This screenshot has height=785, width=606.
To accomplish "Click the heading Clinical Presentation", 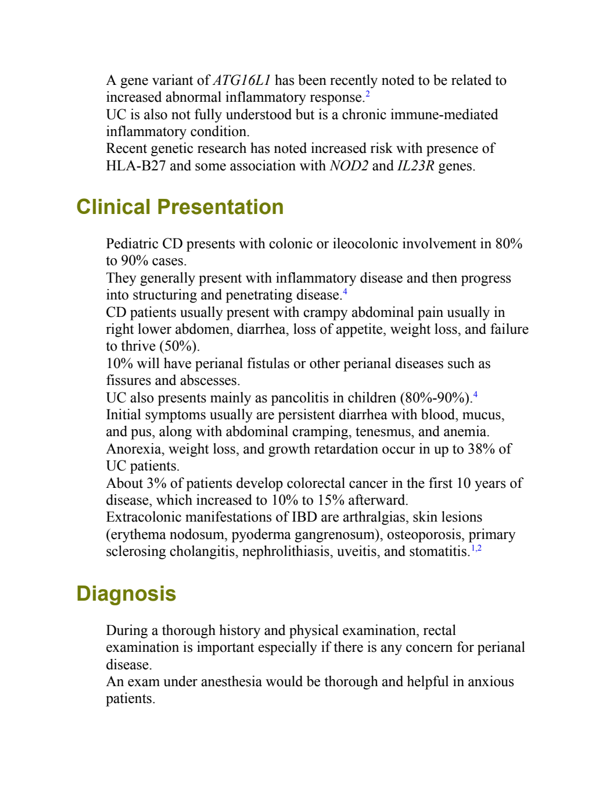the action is tap(180, 207).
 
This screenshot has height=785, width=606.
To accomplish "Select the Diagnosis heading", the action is tap(126, 594).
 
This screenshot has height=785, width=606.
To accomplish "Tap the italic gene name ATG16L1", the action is tap(242, 80).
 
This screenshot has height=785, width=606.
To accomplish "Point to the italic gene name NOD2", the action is tap(349, 166).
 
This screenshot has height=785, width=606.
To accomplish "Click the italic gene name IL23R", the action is tap(416, 166).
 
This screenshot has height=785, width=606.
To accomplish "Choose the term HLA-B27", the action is tap(136, 166).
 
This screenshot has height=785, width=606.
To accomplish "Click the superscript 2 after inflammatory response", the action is tap(367, 94).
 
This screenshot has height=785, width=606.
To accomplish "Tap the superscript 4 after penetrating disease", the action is tap(345, 291).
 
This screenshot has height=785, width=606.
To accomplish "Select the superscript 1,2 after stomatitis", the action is tap(476, 548).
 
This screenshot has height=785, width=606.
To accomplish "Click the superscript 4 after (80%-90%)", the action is tap(475, 394).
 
